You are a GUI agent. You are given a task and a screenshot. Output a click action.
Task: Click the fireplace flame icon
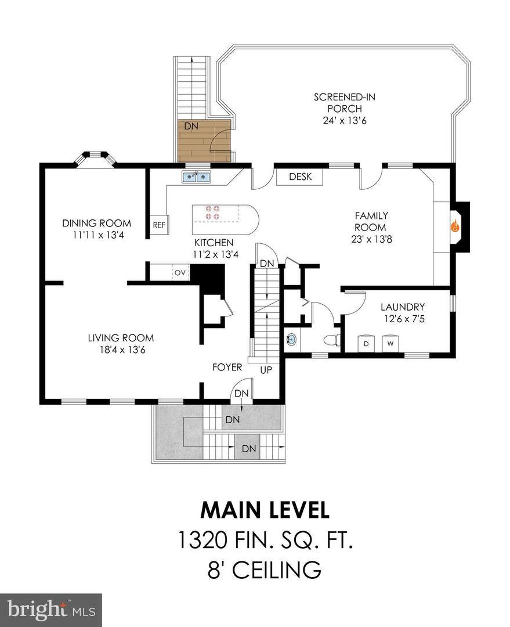click(455, 226)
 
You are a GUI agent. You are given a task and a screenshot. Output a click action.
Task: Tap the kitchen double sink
click(196, 176)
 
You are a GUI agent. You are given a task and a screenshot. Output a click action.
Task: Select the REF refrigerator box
click(159, 225)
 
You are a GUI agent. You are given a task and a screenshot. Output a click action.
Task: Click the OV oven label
click(180, 273)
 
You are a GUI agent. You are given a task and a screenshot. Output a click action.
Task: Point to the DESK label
click(300, 176)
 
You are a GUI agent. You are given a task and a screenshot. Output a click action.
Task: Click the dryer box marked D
click(366, 344)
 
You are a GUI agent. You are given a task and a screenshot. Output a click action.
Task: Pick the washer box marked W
click(390, 344)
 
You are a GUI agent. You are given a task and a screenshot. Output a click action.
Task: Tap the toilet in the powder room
click(332, 340)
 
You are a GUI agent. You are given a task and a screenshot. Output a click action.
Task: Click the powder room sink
click(291, 340)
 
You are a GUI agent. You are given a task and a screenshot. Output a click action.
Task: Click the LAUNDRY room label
click(403, 307)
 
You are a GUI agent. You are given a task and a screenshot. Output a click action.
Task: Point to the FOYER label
click(227, 367)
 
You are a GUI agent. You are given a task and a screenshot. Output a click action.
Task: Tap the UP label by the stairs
click(266, 370)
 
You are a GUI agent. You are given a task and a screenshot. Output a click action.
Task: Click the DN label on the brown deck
click(191, 126)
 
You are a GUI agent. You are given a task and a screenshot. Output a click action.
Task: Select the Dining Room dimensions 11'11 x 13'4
click(98, 235)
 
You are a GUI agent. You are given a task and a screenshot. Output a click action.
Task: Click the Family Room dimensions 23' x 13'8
click(371, 239)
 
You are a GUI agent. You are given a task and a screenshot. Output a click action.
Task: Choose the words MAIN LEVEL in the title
click(265, 510)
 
